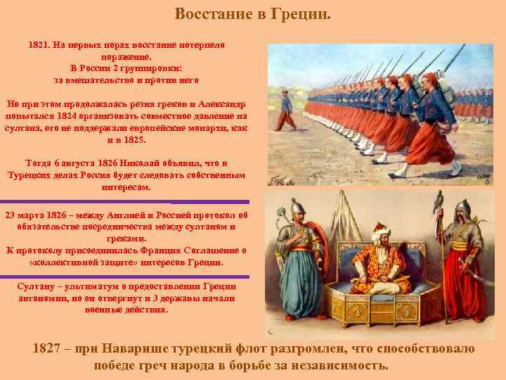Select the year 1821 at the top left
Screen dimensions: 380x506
[x=39, y=44]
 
